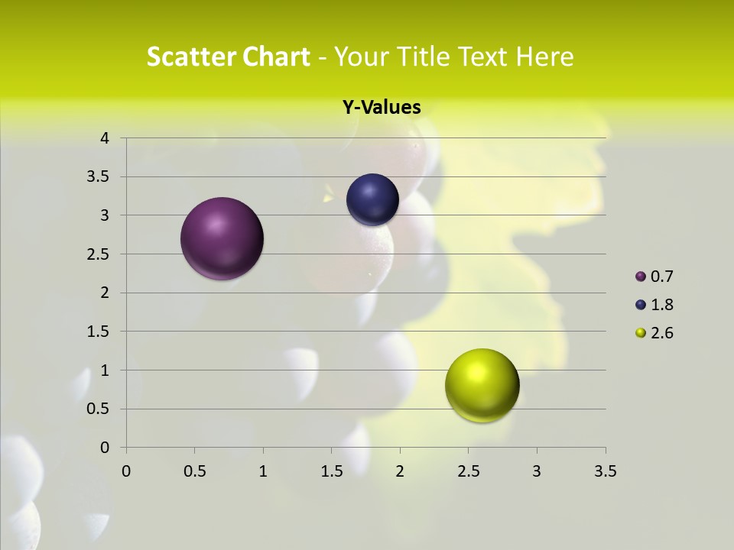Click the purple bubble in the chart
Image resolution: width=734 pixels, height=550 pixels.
pyautogui.click(x=222, y=238)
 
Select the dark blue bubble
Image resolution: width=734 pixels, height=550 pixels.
pyautogui.click(x=372, y=200)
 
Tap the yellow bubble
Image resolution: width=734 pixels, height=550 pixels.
pyautogui.click(x=482, y=385)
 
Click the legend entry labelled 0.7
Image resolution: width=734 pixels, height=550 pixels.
pyautogui.click(x=654, y=277)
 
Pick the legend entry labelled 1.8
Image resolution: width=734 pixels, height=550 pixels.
pyautogui.click(x=654, y=305)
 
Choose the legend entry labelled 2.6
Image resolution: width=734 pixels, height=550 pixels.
pyautogui.click(x=654, y=333)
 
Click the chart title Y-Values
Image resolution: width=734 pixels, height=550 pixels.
pyautogui.click(x=382, y=108)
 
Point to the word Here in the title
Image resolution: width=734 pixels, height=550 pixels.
pyautogui.click(x=544, y=57)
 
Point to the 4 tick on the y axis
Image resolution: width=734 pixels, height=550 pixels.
pyautogui.click(x=105, y=138)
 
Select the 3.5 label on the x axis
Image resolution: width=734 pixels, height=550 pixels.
pyautogui.click(x=605, y=471)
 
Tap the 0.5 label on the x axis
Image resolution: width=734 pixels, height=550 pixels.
pyautogui.click(x=195, y=471)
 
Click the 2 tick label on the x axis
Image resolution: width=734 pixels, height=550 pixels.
pyautogui.click(x=400, y=471)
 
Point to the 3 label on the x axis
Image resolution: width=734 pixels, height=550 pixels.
pyautogui.click(x=537, y=471)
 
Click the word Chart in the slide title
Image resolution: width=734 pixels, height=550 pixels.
pyautogui.click(x=276, y=57)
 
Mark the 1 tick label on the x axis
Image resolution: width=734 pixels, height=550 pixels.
pyautogui.click(x=263, y=471)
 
